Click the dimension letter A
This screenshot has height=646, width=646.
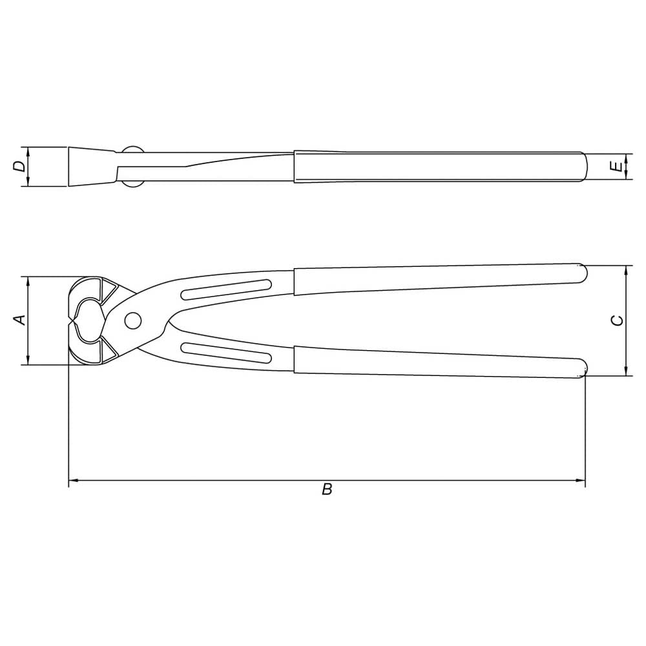(20, 319)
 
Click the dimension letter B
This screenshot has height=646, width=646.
(327, 490)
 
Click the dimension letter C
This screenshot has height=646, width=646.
(618, 320)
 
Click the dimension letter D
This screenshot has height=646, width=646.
(20, 166)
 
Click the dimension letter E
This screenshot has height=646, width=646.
(618, 167)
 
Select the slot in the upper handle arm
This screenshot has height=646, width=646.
(226, 289)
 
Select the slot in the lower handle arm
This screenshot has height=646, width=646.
(226, 353)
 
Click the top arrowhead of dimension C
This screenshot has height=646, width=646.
(626, 269)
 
